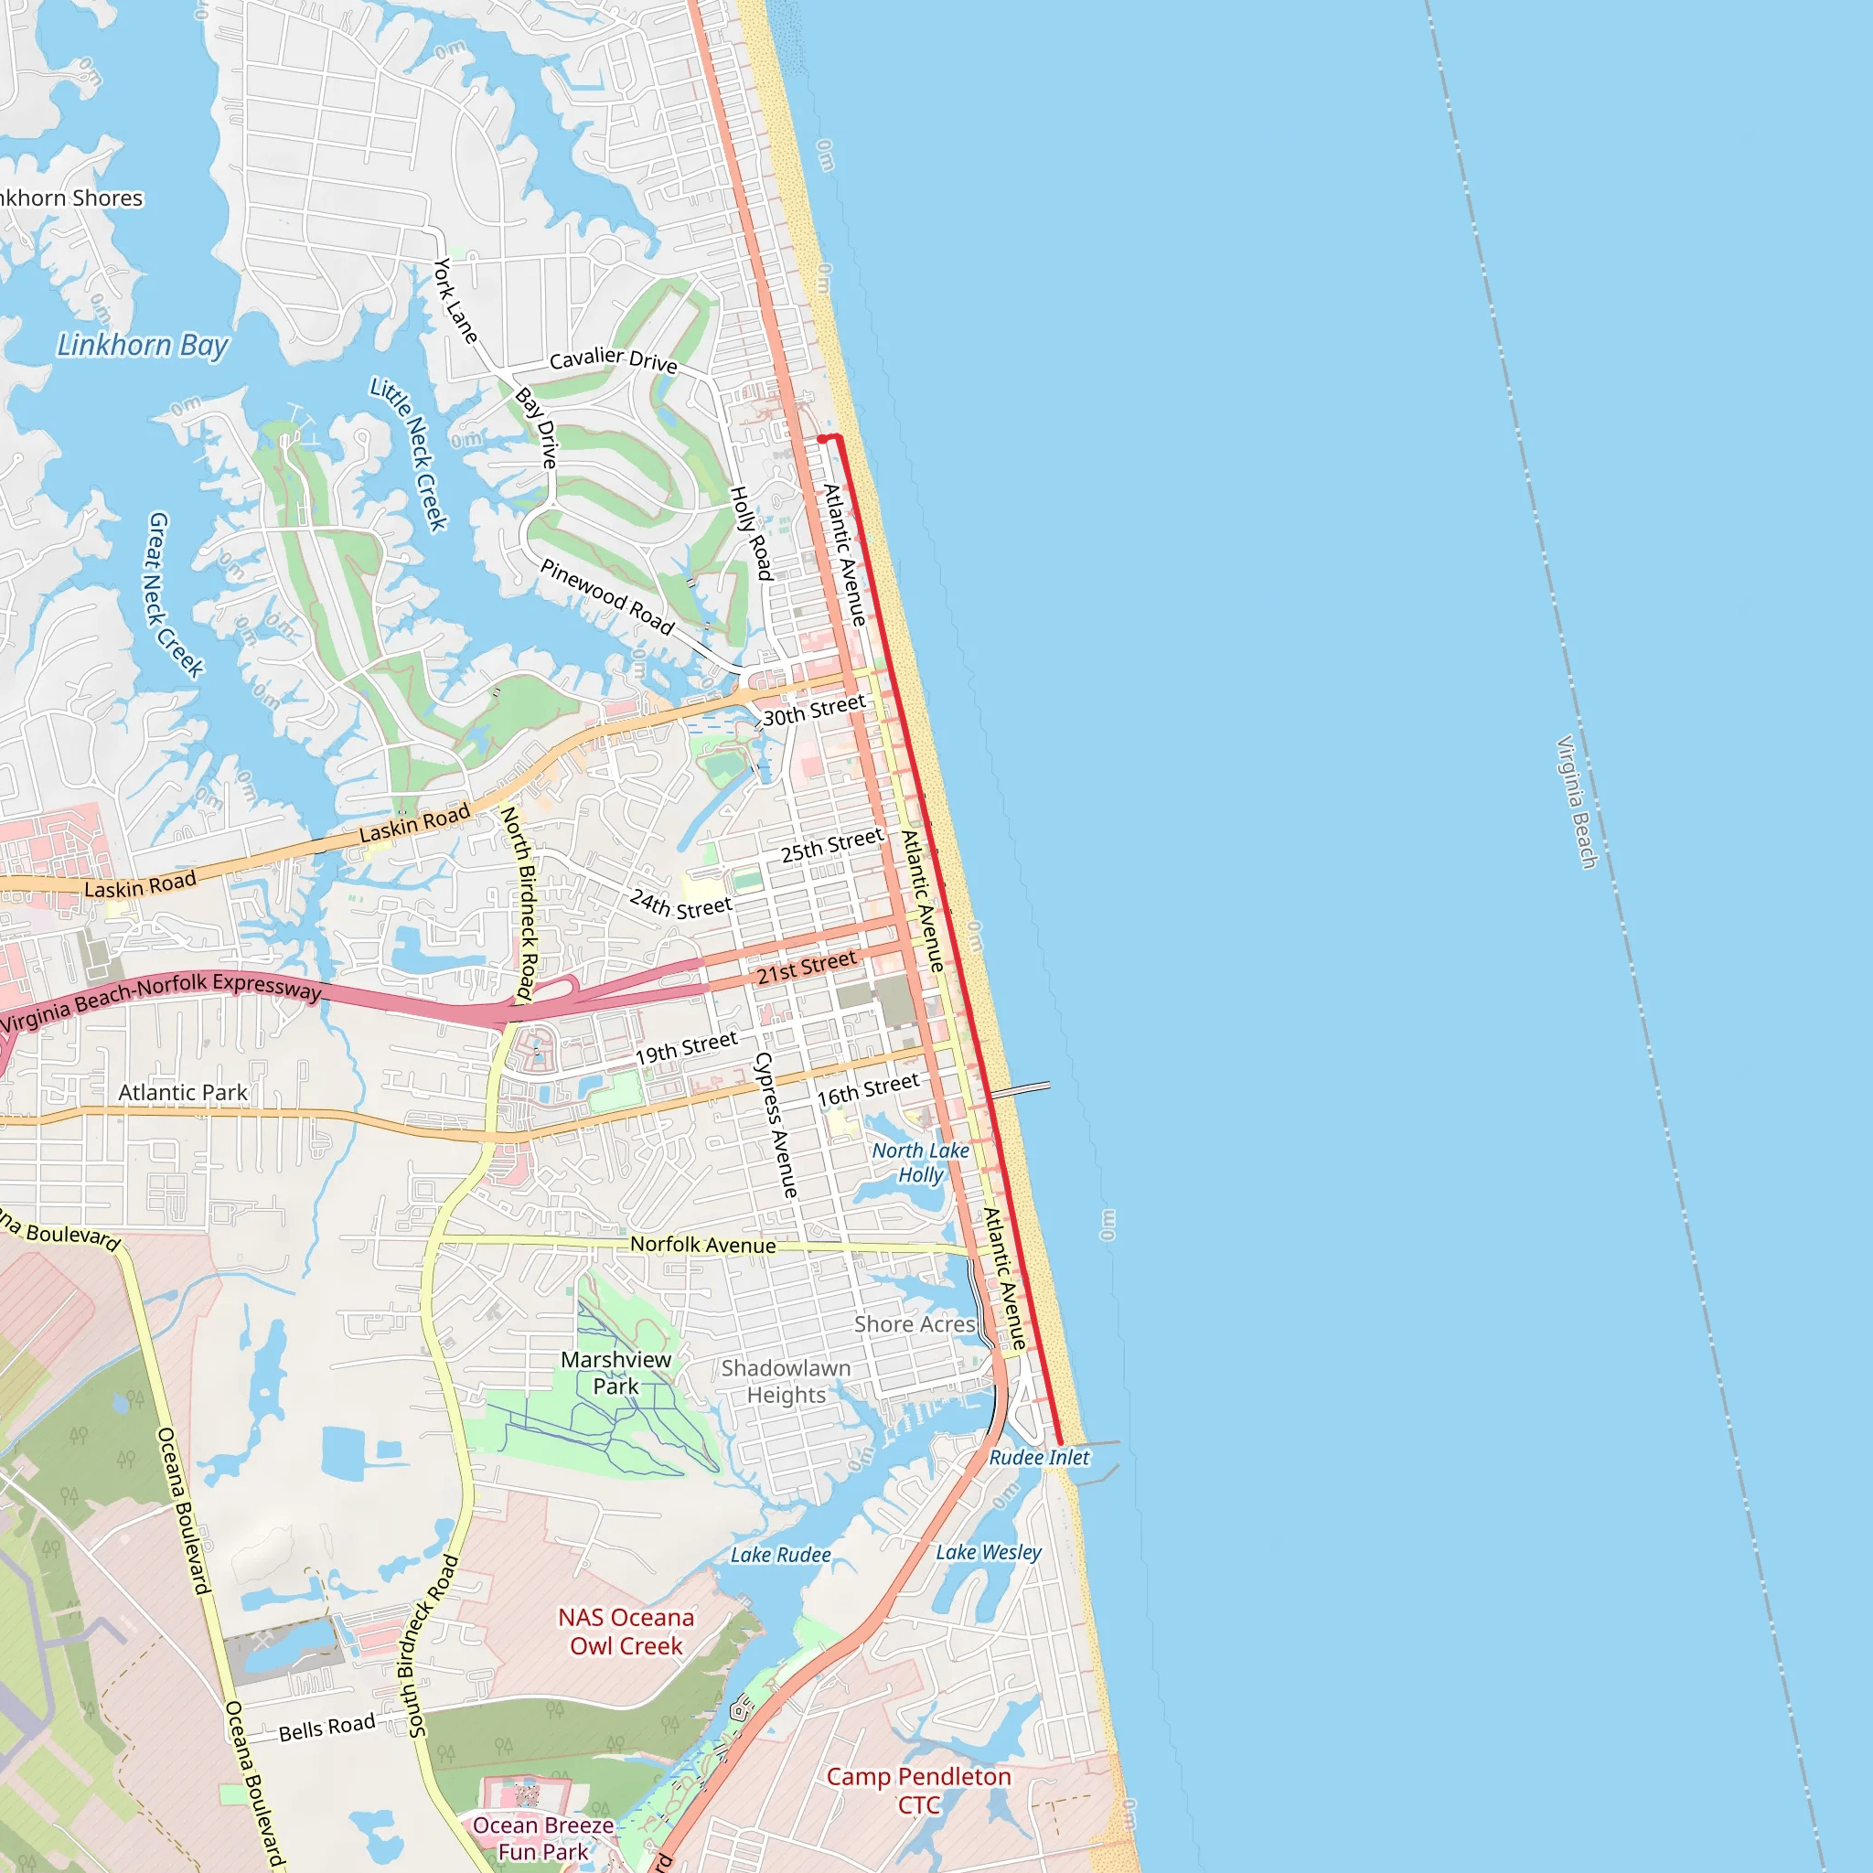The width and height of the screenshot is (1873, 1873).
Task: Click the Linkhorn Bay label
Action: pos(143,345)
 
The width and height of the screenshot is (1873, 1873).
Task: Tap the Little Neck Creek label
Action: pos(409,455)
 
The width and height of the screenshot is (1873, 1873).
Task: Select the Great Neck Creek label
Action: pos(175,595)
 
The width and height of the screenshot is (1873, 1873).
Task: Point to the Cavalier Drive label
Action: pos(613,359)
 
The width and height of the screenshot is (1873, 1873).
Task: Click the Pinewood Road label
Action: pos(607,596)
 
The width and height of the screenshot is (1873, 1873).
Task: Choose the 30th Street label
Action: pos(813,710)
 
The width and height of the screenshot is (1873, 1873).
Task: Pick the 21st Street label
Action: pos(807,967)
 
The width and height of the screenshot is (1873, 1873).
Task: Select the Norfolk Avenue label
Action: pos(703,1245)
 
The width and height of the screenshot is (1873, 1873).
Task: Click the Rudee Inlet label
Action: pos(1039,1457)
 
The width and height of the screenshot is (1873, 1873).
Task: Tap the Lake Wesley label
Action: pos(988,1552)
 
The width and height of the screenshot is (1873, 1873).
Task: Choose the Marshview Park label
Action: pos(615,1373)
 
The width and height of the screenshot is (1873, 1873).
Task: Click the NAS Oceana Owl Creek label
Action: pos(626,1631)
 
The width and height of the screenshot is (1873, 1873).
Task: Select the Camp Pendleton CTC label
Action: pos(918,1790)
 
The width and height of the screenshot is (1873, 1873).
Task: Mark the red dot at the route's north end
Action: pos(822,439)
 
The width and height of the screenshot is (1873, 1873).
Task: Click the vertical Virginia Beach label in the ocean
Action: pos(1577,803)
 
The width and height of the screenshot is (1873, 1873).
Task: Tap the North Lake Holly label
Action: pos(920,1162)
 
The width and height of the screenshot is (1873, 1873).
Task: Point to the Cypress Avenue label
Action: pos(776,1125)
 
